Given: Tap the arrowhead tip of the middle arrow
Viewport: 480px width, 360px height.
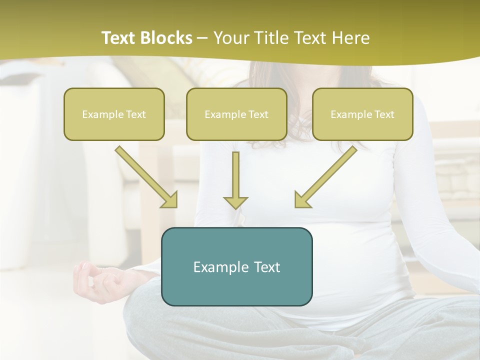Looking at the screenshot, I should (235, 207).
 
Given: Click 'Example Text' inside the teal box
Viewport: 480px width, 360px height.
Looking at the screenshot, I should (236, 267).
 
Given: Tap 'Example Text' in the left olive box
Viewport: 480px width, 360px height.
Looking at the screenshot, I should (114, 114).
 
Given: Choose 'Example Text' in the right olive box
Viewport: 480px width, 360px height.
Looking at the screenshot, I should (362, 114).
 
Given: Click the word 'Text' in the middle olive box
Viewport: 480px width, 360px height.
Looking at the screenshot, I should (257, 114).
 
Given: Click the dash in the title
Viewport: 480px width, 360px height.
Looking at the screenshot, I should (202, 38).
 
